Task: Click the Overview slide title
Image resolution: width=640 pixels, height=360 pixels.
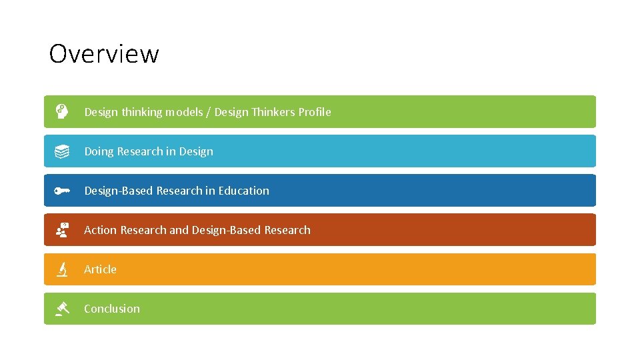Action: pyautogui.click(x=104, y=54)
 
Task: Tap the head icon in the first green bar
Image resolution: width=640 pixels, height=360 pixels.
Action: pyautogui.click(x=61, y=111)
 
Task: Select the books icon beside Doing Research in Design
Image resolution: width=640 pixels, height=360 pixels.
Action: pyautogui.click(x=61, y=151)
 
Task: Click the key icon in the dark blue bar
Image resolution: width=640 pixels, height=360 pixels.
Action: pyautogui.click(x=61, y=191)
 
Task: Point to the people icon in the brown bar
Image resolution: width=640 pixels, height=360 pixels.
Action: pyautogui.click(x=61, y=230)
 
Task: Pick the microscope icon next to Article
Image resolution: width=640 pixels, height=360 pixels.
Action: pyautogui.click(x=61, y=269)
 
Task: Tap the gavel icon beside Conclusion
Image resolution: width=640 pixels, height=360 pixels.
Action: pyautogui.click(x=62, y=308)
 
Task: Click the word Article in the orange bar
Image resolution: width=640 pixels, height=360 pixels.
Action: pyautogui.click(x=100, y=269)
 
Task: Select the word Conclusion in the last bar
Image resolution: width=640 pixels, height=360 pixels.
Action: pyautogui.click(x=112, y=309)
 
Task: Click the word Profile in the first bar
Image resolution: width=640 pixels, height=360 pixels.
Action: pyautogui.click(x=314, y=112)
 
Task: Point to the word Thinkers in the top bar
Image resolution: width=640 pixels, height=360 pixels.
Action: pyautogui.click(x=273, y=112)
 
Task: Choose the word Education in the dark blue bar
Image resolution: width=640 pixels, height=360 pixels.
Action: pyautogui.click(x=243, y=191)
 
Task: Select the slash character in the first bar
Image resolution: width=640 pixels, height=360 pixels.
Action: pyautogui.click(x=208, y=112)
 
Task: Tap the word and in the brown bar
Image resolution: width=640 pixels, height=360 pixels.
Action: pyautogui.click(x=179, y=230)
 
